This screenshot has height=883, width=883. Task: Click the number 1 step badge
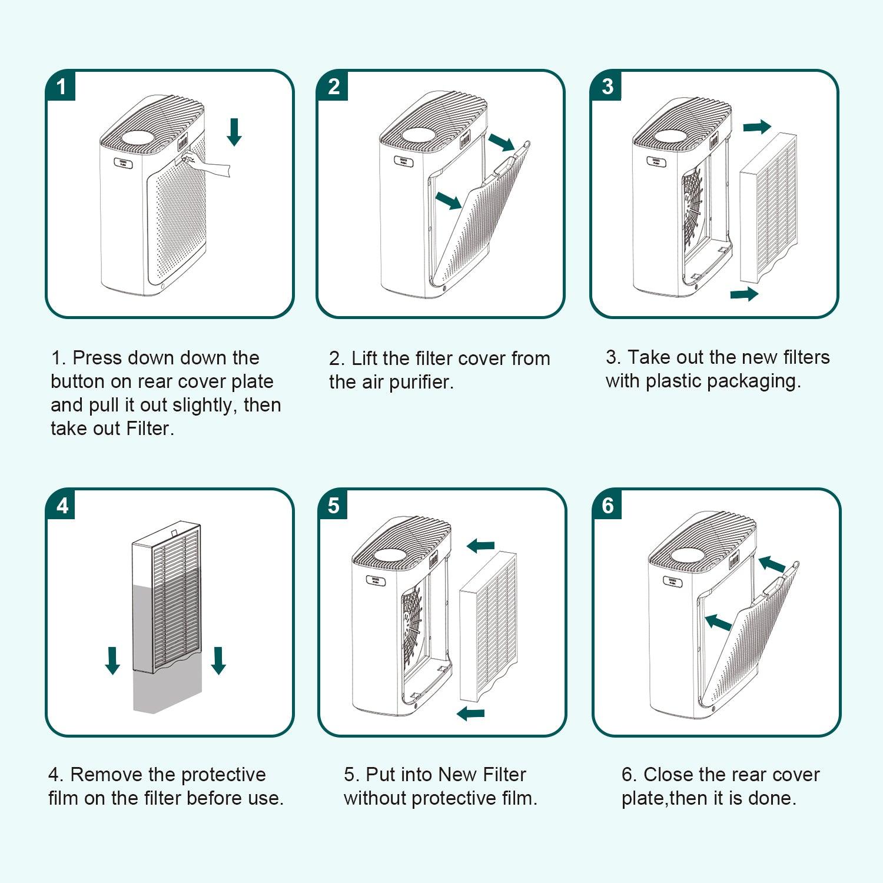tap(61, 87)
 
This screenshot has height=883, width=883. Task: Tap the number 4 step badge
tap(62, 505)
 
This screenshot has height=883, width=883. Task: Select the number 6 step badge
tap(608, 505)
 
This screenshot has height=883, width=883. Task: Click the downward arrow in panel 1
tap(234, 132)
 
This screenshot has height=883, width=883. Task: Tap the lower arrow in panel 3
tap(744, 294)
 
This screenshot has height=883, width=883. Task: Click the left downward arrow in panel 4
tap(112, 660)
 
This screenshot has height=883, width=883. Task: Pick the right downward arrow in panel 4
tap(218, 660)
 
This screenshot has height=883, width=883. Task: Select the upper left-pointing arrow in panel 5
tap(480, 546)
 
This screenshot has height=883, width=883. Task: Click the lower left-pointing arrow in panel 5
tap(471, 713)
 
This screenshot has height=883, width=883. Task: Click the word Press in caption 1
tap(98, 358)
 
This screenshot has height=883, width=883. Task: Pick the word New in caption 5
tap(457, 775)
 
